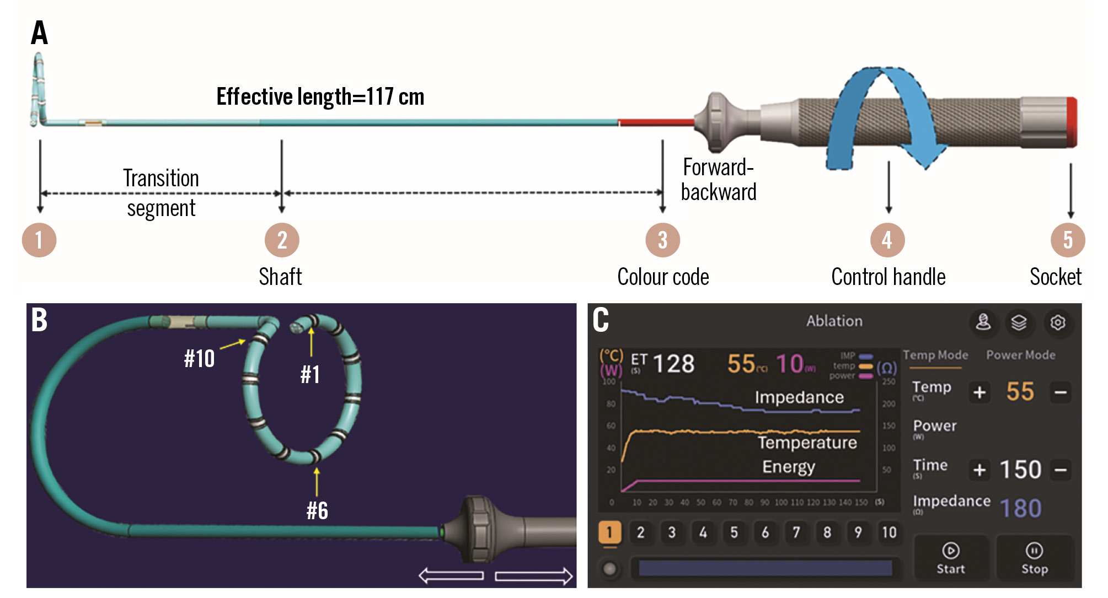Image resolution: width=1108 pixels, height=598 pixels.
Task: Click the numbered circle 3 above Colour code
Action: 662,240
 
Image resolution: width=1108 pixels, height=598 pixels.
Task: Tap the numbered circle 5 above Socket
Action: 1068,240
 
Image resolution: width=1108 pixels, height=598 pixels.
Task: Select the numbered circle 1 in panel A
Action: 39,240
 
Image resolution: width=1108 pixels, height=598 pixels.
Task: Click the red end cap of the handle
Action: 1071,122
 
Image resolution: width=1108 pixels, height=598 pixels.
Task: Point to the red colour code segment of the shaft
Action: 656,122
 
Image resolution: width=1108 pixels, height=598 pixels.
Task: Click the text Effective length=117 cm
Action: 320,97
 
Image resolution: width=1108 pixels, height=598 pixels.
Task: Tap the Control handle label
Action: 888,277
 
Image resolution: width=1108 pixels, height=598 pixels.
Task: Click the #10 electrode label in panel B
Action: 199,359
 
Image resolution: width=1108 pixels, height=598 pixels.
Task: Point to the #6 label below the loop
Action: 317,511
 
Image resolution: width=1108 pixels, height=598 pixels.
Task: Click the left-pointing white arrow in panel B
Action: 451,576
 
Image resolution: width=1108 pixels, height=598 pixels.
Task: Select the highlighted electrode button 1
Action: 609,532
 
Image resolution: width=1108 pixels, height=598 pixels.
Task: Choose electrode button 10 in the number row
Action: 889,532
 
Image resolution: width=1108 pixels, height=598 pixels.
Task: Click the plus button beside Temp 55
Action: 979,392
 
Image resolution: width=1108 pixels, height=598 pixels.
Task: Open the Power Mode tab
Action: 1020,355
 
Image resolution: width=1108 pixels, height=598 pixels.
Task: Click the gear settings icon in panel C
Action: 1057,322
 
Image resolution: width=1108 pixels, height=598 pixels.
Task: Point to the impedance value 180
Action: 1020,508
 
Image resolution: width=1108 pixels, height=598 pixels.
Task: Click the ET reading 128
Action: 673,364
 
